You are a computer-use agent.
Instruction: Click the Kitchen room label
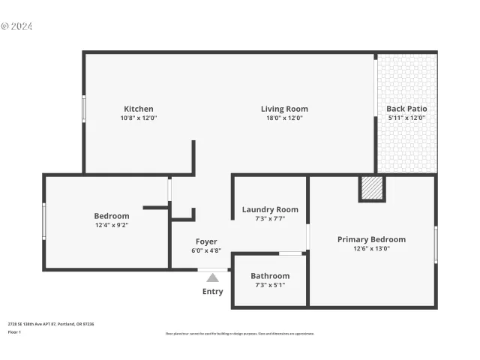pyautogui.click(x=139, y=109)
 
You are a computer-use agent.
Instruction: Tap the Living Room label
pyautogui.click(x=284, y=109)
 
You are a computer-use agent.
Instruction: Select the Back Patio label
pyautogui.click(x=406, y=109)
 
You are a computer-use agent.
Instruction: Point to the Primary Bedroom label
pyautogui.click(x=371, y=239)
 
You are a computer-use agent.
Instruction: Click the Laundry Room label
pyautogui.click(x=270, y=209)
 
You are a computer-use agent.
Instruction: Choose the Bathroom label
pyautogui.click(x=270, y=275)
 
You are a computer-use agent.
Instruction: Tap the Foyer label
pyautogui.click(x=206, y=241)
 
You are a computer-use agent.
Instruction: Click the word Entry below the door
pyautogui.click(x=212, y=292)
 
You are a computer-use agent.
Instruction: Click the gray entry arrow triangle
pyautogui.click(x=213, y=278)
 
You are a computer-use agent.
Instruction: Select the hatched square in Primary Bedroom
pyautogui.click(x=372, y=187)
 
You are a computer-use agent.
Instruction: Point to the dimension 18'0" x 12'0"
pyautogui.click(x=284, y=118)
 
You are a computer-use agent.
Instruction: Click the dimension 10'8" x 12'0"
pyautogui.click(x=139, y=118)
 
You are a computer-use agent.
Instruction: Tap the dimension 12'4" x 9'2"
pyautogui.click(x=112, y=225)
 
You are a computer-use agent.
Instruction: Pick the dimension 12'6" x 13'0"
pyautogui.click(x=371, y=249)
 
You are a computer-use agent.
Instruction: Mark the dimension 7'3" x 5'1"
pyautogui.click(x=270, y=285)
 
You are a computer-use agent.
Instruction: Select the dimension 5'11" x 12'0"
pyautogui.click(x=406, y=118)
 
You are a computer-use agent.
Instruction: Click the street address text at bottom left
pyautogui.click(x=51, y=324)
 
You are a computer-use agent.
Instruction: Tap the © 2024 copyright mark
pyautogui.click(x=16, y=26)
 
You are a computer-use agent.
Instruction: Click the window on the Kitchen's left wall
pyautogui.click(x=84, y=109)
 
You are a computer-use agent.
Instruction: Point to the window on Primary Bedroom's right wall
pyautogui.click(x=436, y=244)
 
